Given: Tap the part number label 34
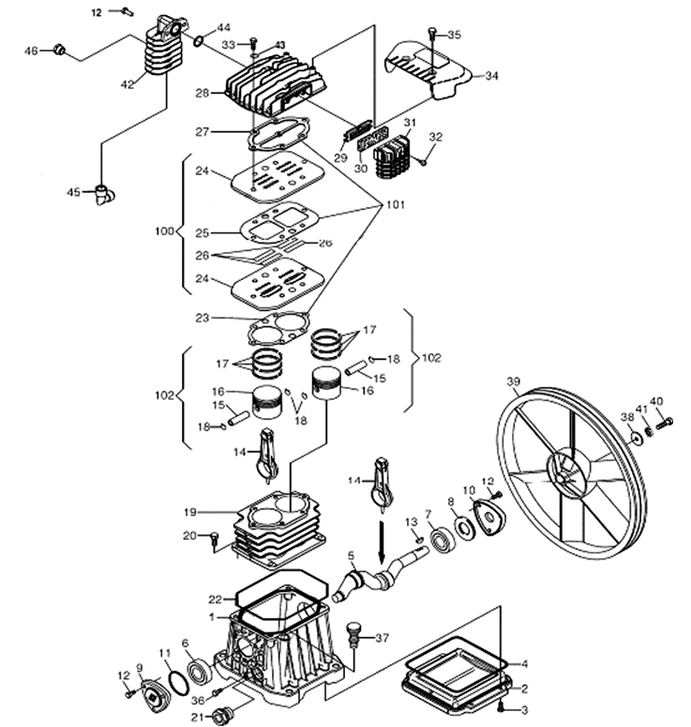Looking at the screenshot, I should point(491,76).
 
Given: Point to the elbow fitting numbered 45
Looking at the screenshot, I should point(102,195).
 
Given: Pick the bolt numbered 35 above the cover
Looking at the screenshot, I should point(432,35).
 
